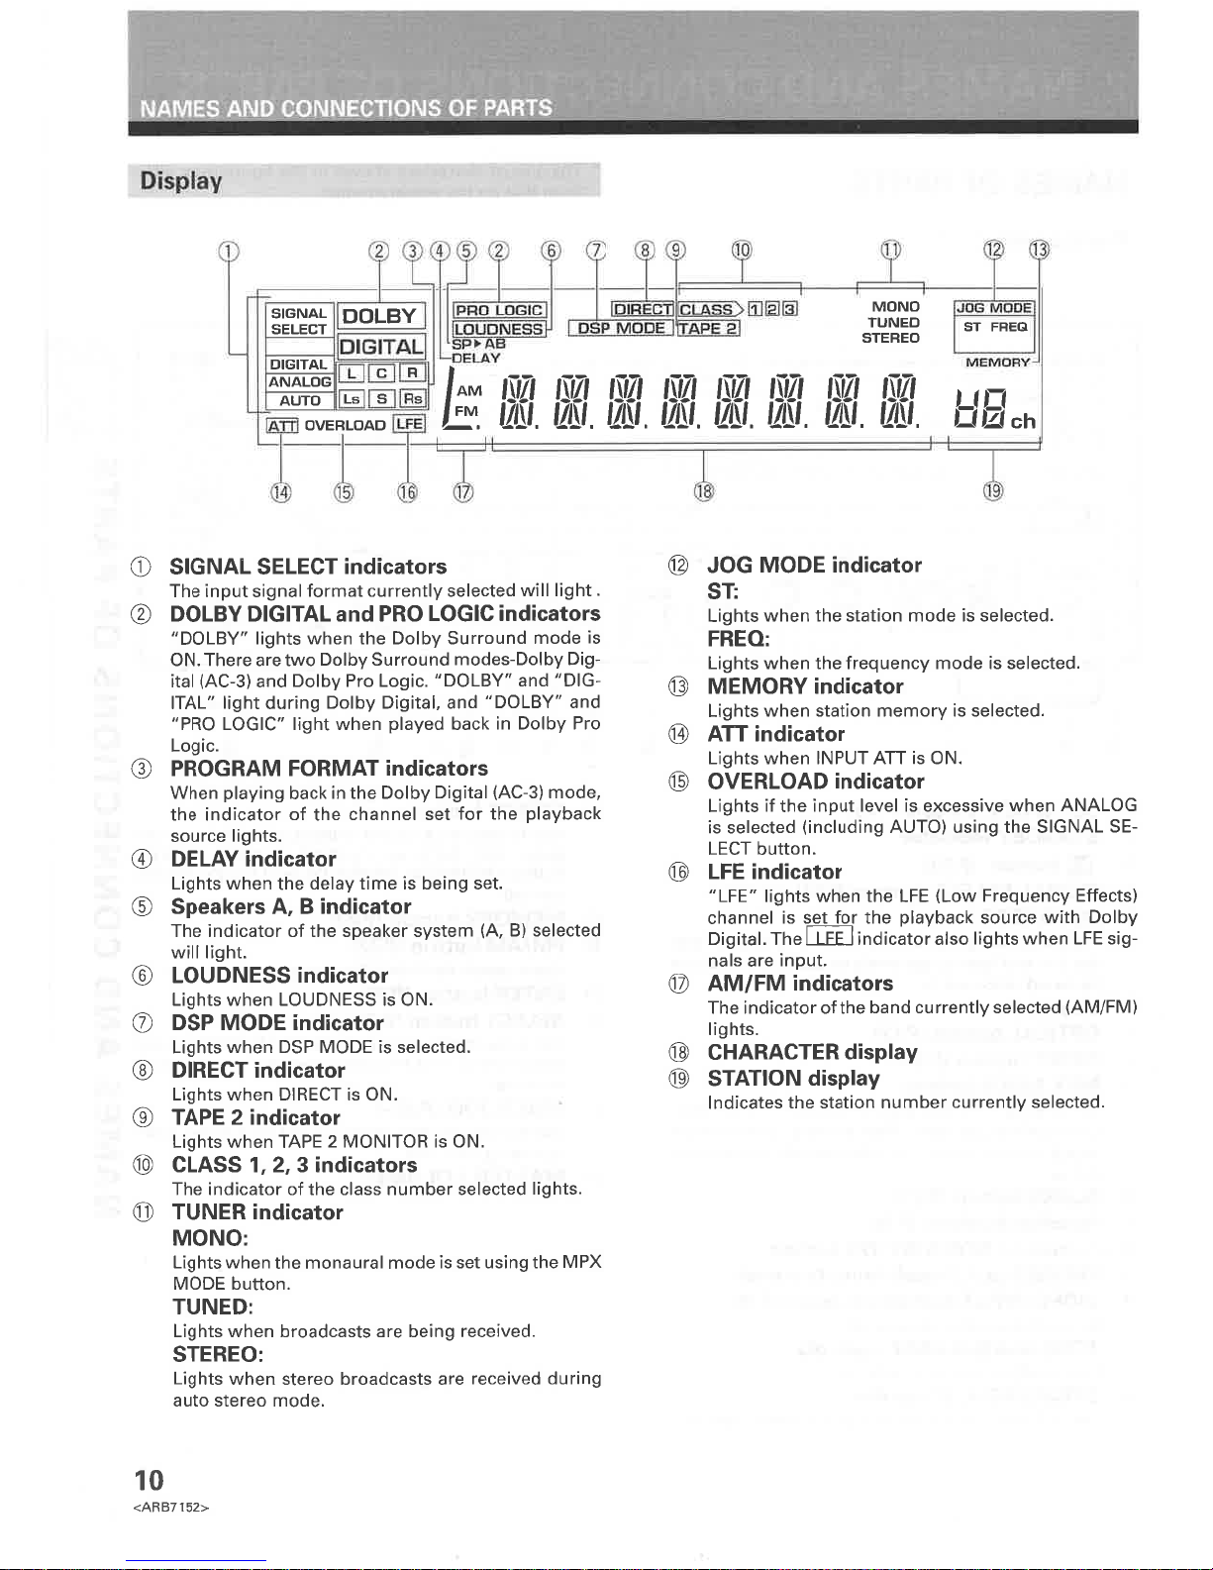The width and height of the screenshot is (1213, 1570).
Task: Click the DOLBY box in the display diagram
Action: coord(380,316)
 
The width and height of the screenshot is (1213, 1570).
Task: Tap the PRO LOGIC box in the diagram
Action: coord(499,311)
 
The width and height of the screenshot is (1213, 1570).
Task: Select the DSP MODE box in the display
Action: coord(622,329)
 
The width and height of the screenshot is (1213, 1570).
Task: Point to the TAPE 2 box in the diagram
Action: coord(709,329)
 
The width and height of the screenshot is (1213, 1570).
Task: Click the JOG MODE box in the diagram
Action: coord(993,308)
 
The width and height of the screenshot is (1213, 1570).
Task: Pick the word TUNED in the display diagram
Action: coord(893,322)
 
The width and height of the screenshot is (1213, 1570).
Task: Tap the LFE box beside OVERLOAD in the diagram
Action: coord(409,425)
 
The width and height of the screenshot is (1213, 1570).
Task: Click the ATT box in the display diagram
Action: coord(283,426)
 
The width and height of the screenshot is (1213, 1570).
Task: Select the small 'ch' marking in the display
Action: coord(1023,421)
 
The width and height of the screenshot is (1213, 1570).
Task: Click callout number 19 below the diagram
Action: coord(993,490)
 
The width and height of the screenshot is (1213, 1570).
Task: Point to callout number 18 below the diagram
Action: coord(703,490)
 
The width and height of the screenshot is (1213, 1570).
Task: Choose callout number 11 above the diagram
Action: coord(891,250)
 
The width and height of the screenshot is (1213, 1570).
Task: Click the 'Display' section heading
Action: coord(181,181)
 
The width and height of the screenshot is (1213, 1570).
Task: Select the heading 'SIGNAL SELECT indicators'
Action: coord(308,567)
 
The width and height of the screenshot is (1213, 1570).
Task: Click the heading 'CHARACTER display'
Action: coord(812,1052)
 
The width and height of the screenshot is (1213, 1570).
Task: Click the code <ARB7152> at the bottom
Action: coord(170,1508)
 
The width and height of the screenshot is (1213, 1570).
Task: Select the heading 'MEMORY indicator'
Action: coord(805,686)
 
